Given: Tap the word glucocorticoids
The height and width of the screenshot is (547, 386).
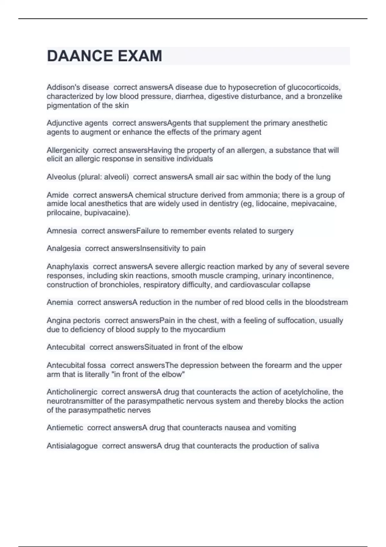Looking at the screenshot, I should pos(313,87).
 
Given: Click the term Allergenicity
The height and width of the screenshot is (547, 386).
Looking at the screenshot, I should pos(68,150).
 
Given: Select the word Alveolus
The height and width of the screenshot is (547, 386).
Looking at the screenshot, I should pos(61,177).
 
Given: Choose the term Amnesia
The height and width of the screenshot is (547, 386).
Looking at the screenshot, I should pos(62,231).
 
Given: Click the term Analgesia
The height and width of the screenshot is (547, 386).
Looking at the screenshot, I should pos(64,248).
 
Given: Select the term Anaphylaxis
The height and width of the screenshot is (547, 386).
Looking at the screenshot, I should pos(68,266).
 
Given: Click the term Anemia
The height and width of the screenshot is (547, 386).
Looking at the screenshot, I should pos(60,302).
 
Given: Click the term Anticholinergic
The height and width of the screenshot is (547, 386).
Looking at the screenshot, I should pos(72,392).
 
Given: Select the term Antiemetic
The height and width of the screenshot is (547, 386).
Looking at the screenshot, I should pos(65,428).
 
